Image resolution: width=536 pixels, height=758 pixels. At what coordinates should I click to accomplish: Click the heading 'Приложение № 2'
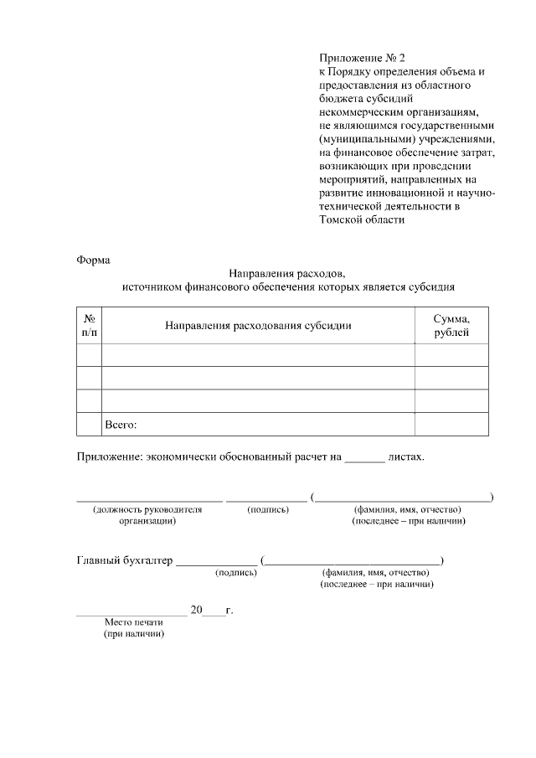click(x=361, y=58)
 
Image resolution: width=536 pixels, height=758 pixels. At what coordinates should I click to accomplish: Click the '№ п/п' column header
click(x=89, y=325)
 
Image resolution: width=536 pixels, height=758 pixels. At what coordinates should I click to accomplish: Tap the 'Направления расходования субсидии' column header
click(x=258, y=325)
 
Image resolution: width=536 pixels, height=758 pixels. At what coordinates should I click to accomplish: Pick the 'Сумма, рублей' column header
click(x=451, y=325)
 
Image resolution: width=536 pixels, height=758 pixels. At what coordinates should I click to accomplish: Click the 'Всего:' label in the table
click(x=120, y=425)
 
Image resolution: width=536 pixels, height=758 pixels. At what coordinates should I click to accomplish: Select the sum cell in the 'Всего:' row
click(x=451, y=425)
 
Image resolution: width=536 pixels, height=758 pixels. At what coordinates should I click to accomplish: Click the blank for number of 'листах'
click(x=364, y=459)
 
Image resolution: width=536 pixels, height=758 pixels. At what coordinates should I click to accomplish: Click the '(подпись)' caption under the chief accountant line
click(x=236, y=573)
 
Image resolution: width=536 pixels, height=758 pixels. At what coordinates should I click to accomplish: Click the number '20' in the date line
click(x=196, y=610)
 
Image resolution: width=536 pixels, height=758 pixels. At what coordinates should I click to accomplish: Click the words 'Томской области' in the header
click(x=362, y=220)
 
